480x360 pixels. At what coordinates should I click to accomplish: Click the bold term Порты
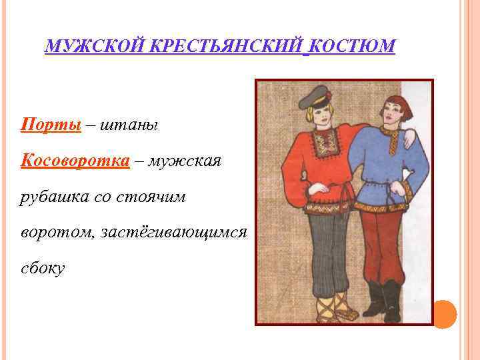point(51,124)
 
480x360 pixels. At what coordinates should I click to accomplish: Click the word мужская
point(184,161)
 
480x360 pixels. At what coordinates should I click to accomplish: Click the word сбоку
point(43,269)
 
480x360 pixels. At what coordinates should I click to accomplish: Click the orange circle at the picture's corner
point(445,313)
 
